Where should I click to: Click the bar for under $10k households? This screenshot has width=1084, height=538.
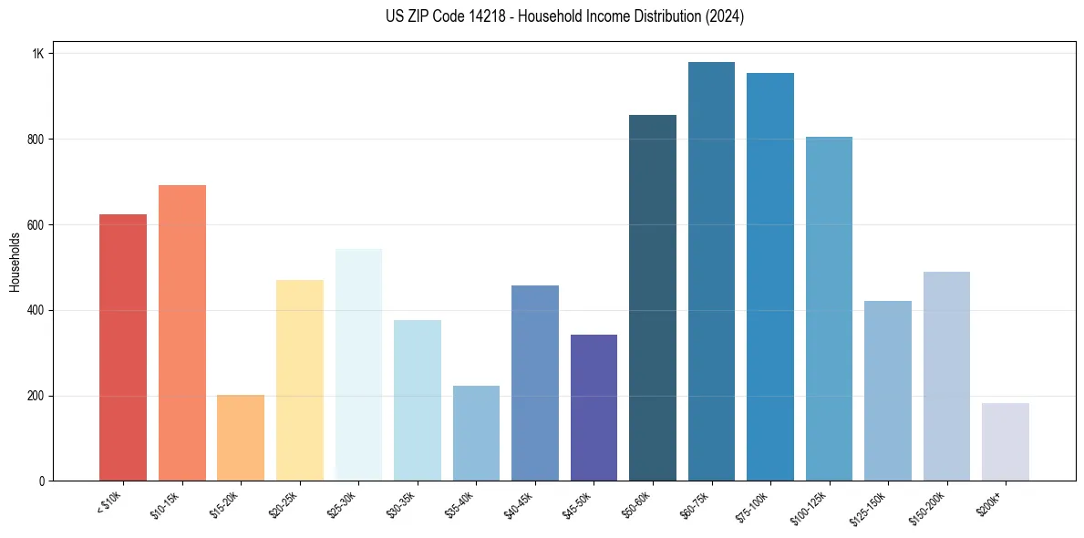pyautogui.click(x=122, y=347)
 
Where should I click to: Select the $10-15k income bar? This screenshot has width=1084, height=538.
pyautogui.click(x=181, y=333)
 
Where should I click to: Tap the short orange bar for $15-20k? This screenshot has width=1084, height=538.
pyautogui.click(x=241, y=438)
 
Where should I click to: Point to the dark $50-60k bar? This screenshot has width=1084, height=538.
pyautogui.click(x=653, y=297)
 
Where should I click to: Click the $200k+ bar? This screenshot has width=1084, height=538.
pyautogui.click(x=1006, y=441)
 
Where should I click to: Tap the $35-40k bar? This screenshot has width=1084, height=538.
pyautogui.click(x=476, y=433)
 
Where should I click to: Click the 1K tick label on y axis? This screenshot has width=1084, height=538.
pyautogui.click(x=38, y=54)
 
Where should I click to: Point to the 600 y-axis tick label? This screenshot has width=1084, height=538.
pyautogui.click(x=36, y=225)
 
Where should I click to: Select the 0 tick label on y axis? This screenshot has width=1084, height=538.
pyautogui.click(x=42, y=481)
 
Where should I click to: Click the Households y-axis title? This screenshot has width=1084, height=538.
pyautogui.click(x=15, y=262)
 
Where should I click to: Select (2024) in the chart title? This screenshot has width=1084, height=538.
pyautogui.click(x=726, y=16)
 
